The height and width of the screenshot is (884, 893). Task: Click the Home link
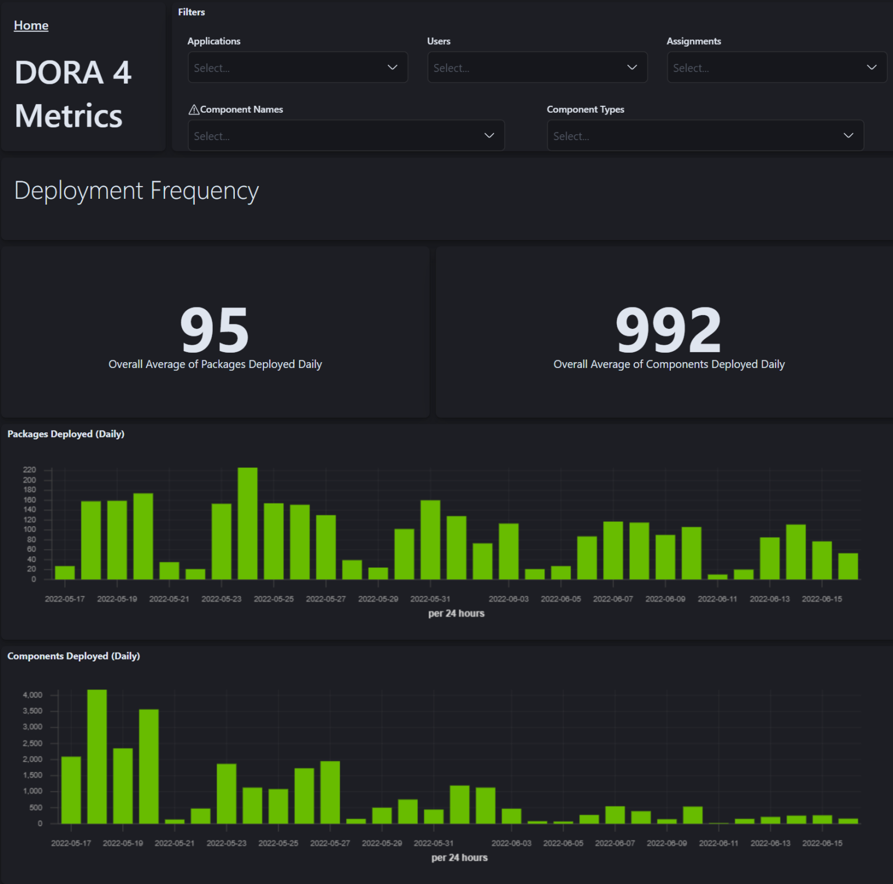coord(31,26)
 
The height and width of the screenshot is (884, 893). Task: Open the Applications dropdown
coord(297,67)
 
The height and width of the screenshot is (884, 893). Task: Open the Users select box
coord(537,67)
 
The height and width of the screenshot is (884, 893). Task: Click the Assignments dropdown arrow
coord(871,67)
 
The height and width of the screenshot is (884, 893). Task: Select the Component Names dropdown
coord(345,135)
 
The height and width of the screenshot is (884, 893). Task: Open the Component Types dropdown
coord(705,135)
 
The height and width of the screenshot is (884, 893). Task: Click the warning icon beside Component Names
coord(194,110)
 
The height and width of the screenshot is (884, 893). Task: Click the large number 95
coord(215,330)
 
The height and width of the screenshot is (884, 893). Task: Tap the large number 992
coord(669,330)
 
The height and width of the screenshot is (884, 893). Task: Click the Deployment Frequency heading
coord(137,191)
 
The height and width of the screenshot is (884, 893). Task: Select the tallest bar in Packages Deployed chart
coord(248,523)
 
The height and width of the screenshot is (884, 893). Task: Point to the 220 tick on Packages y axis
coord(30,470)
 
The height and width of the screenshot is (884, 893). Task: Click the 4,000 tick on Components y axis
coord(33,695)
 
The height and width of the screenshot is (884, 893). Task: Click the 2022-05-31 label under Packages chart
coord(430,599)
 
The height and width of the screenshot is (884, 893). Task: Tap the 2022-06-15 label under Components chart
coord(822,843)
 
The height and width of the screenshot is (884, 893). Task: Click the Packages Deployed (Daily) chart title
coord(66,434)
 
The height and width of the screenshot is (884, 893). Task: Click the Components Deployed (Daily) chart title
coord(73,656)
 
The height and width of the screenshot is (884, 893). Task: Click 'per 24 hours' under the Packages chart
coord(456,613)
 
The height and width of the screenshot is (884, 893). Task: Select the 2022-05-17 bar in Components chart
coord(71,790)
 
